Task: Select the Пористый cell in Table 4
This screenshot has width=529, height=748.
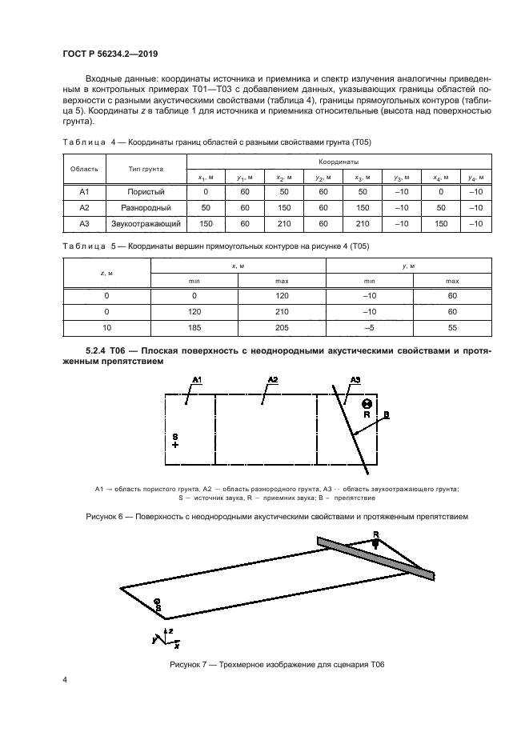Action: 146,193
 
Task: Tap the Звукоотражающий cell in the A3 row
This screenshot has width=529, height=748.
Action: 146,224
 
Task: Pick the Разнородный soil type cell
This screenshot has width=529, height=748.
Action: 146,208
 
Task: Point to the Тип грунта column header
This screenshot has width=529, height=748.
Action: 146,170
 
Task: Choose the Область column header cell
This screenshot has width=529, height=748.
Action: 84,170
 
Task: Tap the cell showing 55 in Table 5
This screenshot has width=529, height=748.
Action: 452,328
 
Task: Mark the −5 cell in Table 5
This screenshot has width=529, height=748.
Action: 370,328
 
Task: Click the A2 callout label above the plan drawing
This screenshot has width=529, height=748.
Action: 272,378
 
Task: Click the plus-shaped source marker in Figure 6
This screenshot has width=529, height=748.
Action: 175,445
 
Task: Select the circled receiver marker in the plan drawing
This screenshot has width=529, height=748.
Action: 366,404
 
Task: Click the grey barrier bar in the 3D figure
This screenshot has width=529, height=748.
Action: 376,557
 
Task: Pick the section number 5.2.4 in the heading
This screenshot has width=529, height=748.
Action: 98,350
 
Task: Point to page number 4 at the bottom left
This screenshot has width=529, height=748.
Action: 64,680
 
